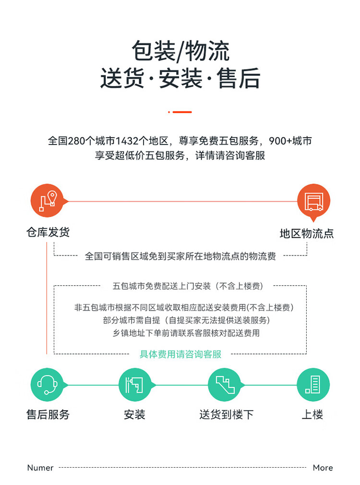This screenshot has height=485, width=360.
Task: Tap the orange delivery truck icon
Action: point(313,201)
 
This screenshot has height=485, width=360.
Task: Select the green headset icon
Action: point(48,385)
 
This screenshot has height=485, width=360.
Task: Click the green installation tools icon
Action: point(135,385)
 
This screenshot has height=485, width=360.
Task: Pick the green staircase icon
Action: point(225,385)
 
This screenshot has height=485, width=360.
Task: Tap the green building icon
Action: point(313,385)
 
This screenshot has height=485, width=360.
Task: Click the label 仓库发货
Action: point(48,232)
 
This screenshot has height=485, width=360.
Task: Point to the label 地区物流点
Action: point(307,233)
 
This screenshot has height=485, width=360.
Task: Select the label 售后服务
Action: point(48,414)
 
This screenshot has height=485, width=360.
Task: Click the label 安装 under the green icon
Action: point(134,414)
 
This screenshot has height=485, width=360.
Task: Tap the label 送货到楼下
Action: point(227,414)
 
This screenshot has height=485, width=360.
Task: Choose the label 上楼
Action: point(312,414)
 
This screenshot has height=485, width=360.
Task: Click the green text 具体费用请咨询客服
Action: point(180,354)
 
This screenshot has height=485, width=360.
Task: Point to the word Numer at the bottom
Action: point(40,468)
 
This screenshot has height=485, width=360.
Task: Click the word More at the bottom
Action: point(323,468)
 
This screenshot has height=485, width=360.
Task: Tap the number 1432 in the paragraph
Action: point(127,141)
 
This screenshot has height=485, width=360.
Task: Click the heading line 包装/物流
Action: point(180,51)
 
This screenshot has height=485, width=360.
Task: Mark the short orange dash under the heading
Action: point(182,112)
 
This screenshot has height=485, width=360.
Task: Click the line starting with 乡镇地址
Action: point(186,333)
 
